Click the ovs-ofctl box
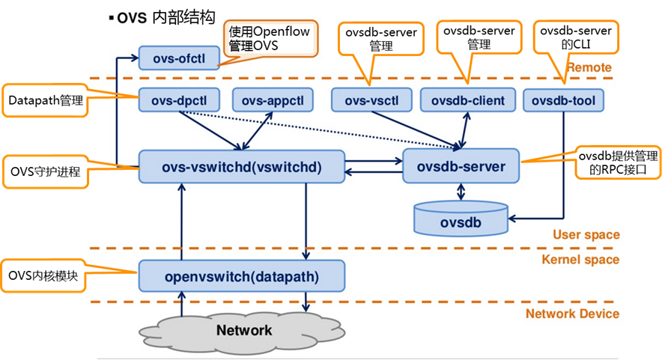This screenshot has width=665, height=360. point(178,58)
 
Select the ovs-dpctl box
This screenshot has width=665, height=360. point(178,100)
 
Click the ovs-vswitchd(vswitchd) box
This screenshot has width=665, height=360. point(241,167)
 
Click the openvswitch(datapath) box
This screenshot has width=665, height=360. point(241,276)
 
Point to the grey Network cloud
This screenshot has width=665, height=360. point(244,330)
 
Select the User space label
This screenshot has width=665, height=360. point(586,235)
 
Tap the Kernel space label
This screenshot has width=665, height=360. point(580,260)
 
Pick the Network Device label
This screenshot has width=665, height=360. point(572,314)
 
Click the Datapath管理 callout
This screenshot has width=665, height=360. point(44,100)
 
